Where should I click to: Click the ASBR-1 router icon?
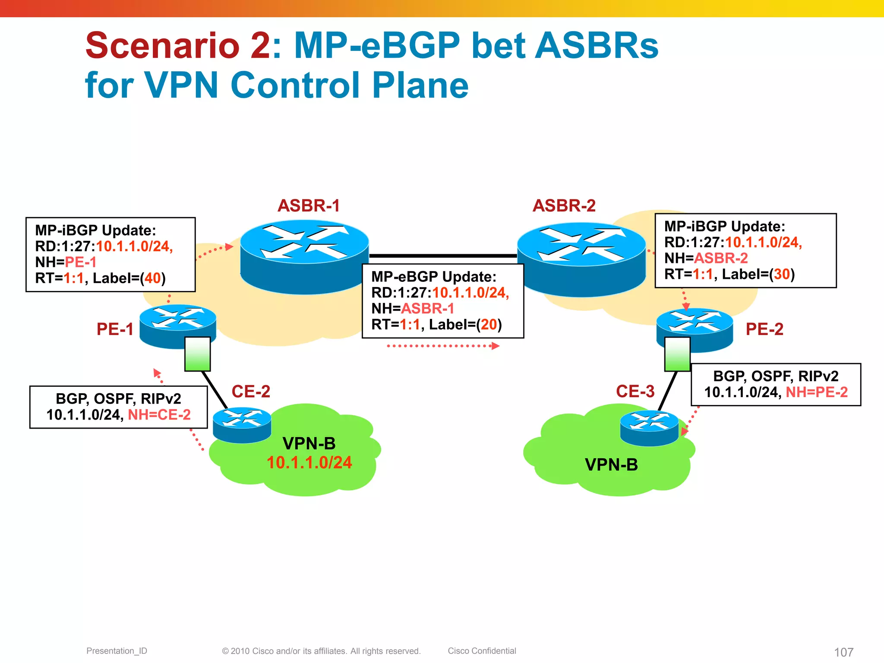tap(304, 257)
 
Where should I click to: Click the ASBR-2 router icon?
tap(581, 259)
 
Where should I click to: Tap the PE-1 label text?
tap(115, 329)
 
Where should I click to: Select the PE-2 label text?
tap(764, 329)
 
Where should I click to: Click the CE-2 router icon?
tap(242, 425)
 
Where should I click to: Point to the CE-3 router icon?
tap(649, 428)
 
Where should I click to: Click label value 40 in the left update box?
tap(153, 278)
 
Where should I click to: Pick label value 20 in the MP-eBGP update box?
tap(489, 325)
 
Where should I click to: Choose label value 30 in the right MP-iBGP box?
tap(782, 275)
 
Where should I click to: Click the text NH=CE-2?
tap(159, 415)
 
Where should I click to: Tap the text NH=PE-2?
tap(817, 392)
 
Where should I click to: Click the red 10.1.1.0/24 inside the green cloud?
tap(309, 463)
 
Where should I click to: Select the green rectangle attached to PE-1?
tap(197, 354)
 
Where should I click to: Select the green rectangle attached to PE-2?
tap(677, 354)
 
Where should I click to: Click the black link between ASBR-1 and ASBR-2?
tap(442, 256)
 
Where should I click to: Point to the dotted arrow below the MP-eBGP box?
tap(442, 346)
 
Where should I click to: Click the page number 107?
tap(843, 652)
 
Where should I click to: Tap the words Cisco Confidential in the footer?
tap(482, 651)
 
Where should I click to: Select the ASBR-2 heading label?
tap(564, 206)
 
